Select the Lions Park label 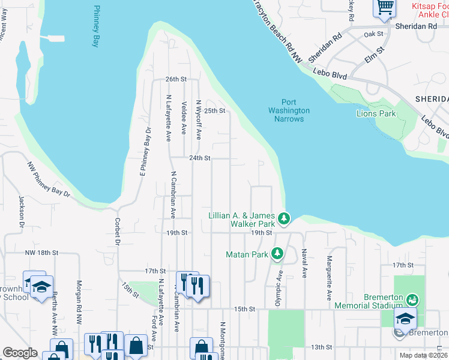[376, 113]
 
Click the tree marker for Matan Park [277, 254]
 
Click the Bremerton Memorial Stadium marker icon [412, 298]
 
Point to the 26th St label [176, 79]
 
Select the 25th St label [214, 111]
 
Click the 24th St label [199, 158]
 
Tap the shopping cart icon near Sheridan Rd [384, 8]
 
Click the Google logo [20, 353]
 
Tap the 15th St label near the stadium [244, 309]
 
